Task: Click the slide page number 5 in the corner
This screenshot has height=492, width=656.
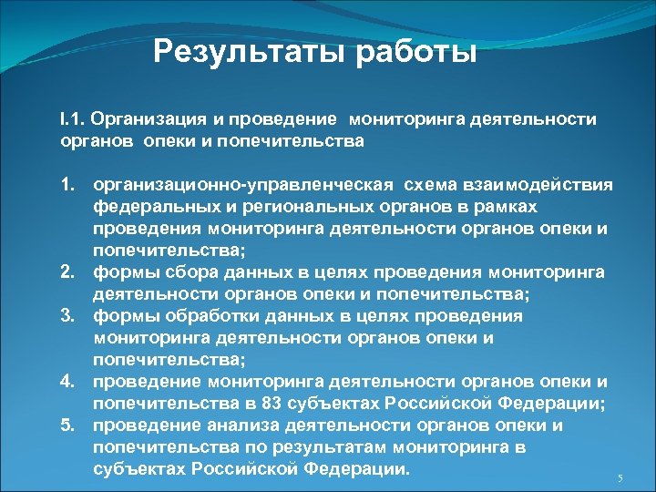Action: point(620,479)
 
